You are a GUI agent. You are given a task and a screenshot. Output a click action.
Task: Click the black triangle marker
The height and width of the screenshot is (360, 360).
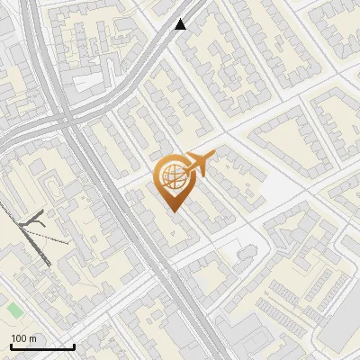pos(181,24)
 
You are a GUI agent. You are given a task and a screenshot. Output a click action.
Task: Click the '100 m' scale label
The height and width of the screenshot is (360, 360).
pos(24,338)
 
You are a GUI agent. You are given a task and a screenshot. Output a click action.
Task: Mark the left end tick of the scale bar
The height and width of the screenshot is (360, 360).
pos(11,346)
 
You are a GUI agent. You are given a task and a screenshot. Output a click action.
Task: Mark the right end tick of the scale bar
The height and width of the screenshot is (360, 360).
pos(74,346)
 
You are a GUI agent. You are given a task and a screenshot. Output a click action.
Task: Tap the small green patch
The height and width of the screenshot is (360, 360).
pos(14,310)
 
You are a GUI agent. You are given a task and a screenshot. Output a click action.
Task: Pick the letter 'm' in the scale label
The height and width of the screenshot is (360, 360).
pos(33,338)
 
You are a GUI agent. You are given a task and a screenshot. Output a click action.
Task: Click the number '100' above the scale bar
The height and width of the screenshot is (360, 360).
pos(20,338)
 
